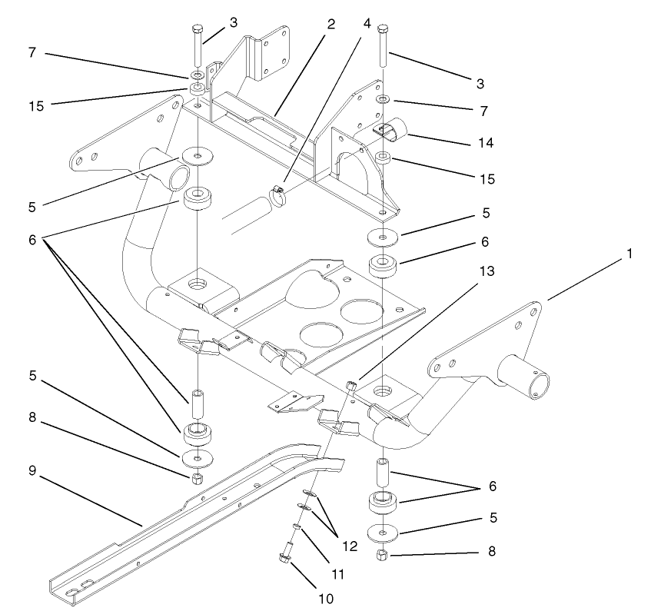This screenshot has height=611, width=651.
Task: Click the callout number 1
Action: coord(629,253)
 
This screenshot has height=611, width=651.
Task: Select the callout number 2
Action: coord(330,23)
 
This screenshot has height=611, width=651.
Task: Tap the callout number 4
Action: coord(367,23)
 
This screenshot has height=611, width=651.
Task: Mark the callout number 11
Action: coord(338,573)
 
